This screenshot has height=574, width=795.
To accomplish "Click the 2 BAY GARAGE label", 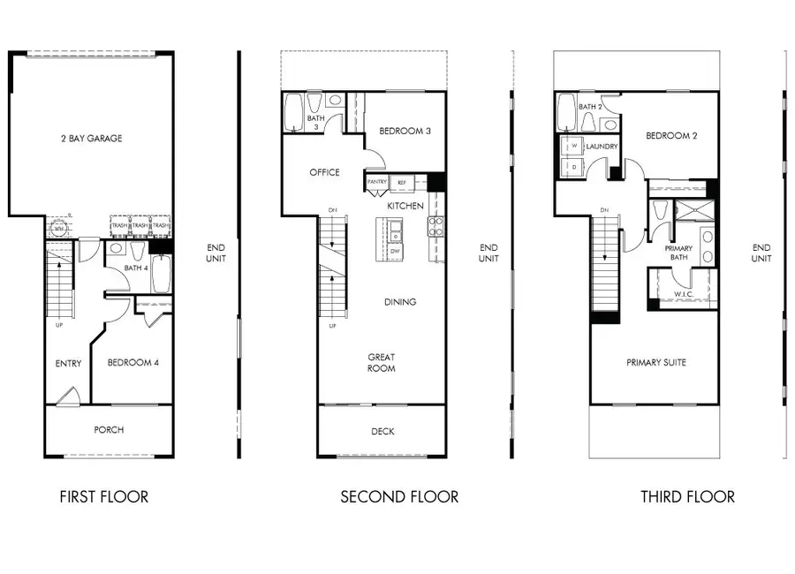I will click(x=92, y=139).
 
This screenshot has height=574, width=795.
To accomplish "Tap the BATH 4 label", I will click(x=135, y=268).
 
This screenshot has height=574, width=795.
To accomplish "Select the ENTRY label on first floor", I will click(x=68, y=363).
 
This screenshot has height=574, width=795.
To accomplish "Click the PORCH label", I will click(x=109, y=430).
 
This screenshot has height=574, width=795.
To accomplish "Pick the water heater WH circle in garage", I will click(x=59, y=228).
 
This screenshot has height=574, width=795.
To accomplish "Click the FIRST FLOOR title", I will click(x=103, y=497).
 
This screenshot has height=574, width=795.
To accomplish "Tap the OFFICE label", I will click(x=324, y=172).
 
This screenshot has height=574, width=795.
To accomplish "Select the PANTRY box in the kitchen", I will click(x=377, y=182).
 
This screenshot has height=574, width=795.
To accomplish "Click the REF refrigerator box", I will click(x=402, y=182).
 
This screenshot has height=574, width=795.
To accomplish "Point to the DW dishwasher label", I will click(x=395, y=252).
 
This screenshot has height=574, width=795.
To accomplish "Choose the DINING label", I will click(x=399, y=302).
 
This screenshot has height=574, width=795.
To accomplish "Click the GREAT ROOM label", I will click(x=382, y=363).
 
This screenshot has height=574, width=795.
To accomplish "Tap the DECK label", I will click(x=382, y=431).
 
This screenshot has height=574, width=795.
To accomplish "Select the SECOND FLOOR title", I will click(x=399, y=497).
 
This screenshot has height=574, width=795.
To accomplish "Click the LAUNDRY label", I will click(x=601, y=147).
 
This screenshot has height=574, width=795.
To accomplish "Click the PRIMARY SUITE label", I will click(x=656, y=362).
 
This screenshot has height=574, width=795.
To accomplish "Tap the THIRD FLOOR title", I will click(x=687, y=497).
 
